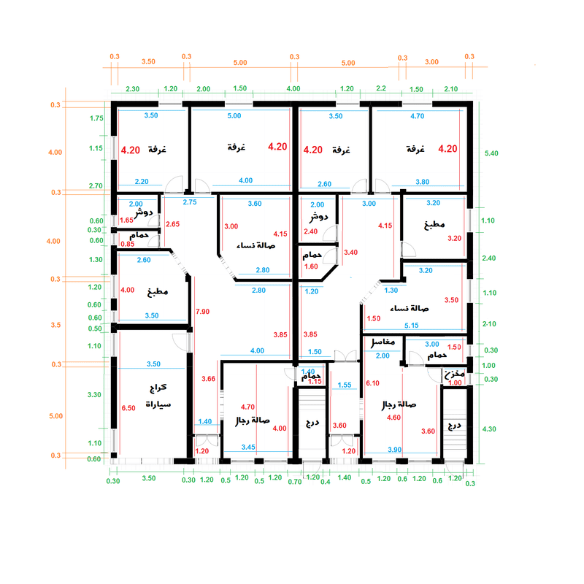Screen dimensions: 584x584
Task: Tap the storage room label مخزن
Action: pos(454,374)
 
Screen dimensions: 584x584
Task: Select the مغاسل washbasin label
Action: pos(383,342)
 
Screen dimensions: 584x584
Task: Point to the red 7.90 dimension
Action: pos(202,312)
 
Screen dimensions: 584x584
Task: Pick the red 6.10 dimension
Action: pos(372,383)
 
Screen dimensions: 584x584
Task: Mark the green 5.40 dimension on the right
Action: pos(491,154)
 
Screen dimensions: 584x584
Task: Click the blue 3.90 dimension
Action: pos(395,449)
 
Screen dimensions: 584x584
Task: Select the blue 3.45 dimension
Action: pos(248,446)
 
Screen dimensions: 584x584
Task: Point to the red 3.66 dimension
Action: pos(208,379)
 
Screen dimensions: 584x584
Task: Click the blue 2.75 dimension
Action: pos(190,201)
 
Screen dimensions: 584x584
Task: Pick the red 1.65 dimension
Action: pos(126,219)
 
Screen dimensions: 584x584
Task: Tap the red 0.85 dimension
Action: pos(128,244)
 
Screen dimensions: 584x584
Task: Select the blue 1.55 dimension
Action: pos(345,384)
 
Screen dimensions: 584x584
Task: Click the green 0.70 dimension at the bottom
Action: pos(294,481)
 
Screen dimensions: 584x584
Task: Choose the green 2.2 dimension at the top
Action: pos(380,88)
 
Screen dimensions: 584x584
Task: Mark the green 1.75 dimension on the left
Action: pos(96,118)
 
